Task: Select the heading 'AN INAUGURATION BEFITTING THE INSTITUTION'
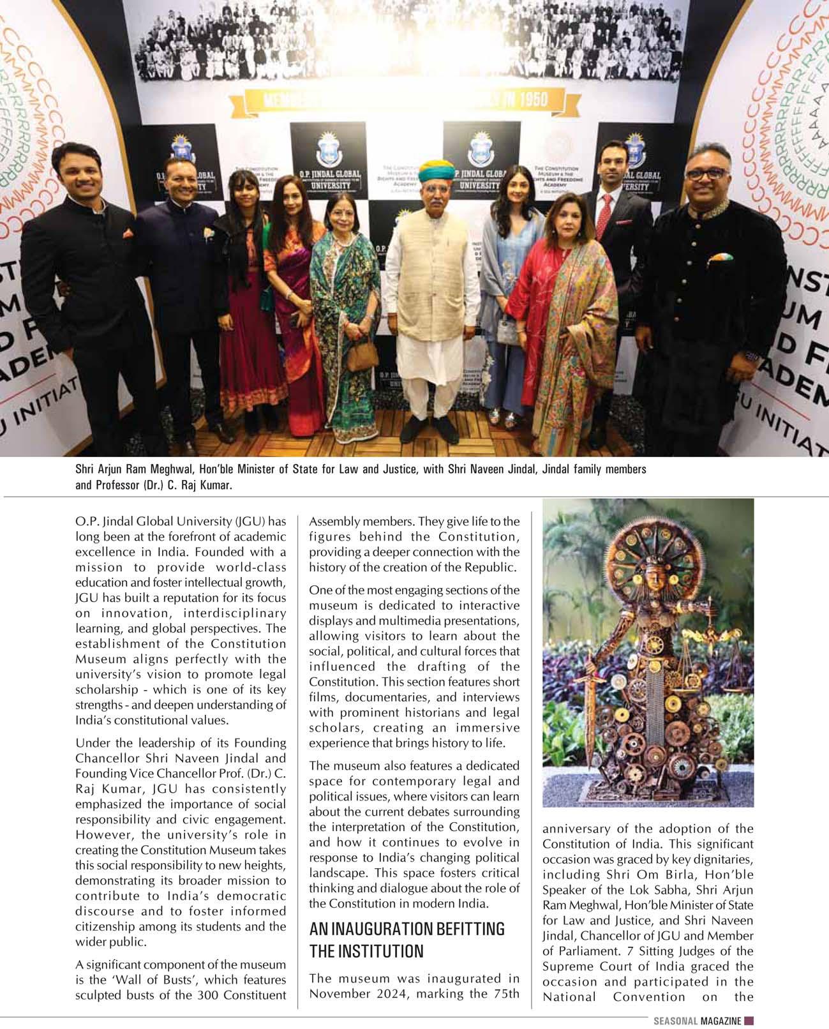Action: pyautogui.click(x=407, y=939)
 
